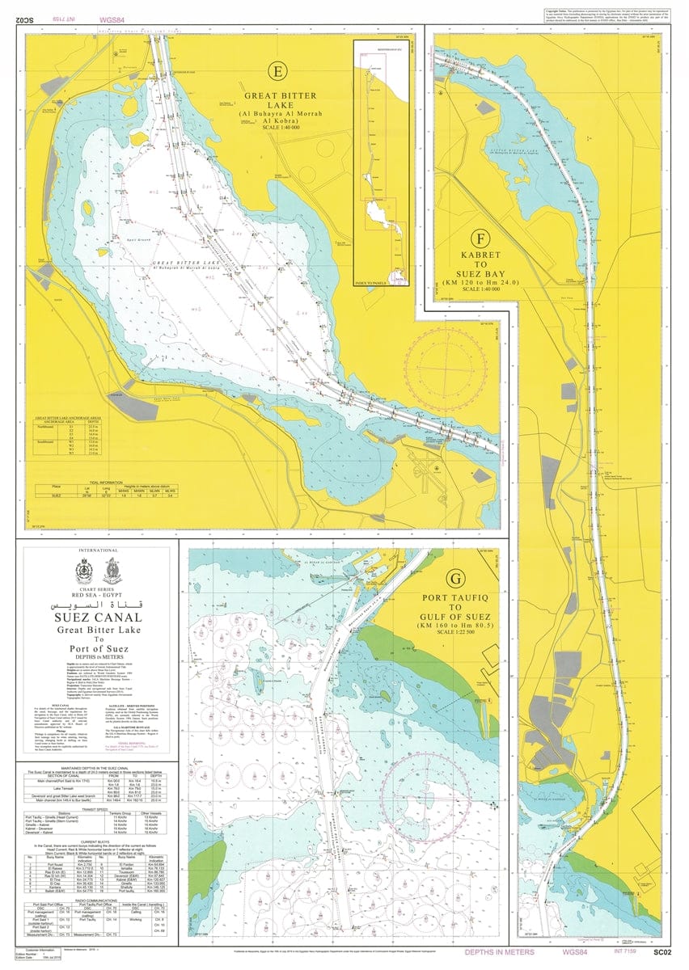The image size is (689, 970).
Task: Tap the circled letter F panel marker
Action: [x=482, y=239]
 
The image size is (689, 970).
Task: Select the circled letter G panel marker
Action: [x=457, y=579]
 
